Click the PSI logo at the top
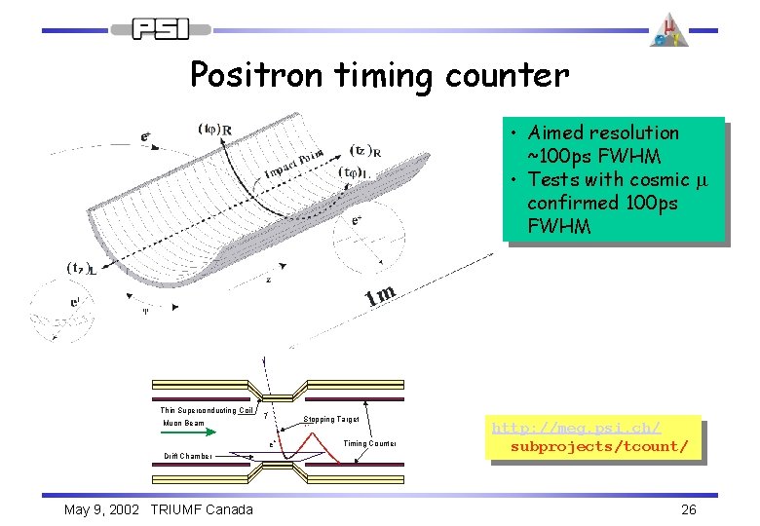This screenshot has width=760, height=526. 162,29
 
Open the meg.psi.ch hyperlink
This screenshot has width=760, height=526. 591,436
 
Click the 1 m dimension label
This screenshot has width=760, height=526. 381,293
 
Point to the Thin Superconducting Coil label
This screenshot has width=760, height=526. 208,410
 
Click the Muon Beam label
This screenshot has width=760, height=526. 183,424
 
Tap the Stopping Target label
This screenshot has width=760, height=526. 331,419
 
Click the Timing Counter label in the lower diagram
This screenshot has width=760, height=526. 369,443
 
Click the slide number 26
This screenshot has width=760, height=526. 688,509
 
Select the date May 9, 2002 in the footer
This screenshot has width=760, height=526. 103,509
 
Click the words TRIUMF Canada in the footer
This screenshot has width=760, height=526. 202,509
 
